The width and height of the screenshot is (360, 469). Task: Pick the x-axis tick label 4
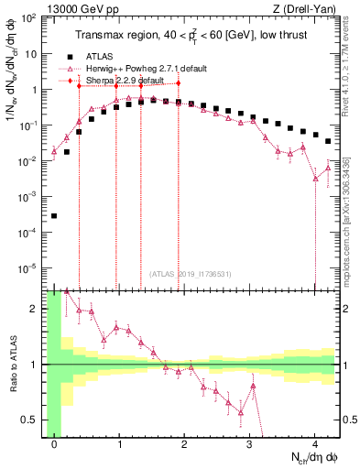click(x=315, y=446)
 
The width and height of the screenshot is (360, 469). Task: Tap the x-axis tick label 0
click(x=55, y=446)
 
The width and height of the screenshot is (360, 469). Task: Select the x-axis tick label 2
click(x=185, y=446)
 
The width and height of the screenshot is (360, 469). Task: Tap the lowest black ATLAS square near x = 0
click(x=55, y=216)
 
